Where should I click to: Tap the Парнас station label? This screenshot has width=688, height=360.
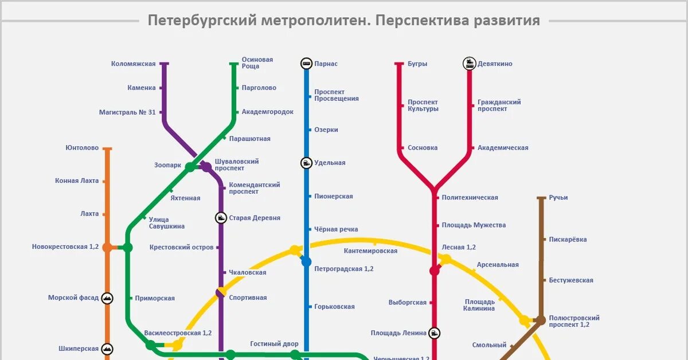point(326,64)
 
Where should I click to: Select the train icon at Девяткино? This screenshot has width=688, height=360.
point(470,64)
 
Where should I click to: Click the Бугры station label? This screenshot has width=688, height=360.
point(417,64)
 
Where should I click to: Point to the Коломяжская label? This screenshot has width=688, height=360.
point(133,64)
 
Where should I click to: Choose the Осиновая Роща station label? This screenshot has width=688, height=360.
point(257,62)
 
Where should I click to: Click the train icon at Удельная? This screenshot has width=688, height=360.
point(306,163)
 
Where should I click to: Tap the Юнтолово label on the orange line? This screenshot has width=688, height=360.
point(82,148)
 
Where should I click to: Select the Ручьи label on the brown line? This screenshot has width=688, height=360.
point(558,198)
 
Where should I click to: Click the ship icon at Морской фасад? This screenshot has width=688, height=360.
point(107,298)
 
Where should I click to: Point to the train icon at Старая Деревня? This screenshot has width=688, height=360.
point(221,218)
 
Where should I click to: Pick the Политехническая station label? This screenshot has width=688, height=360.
point(470,198)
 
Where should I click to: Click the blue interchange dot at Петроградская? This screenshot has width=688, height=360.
point(306,261)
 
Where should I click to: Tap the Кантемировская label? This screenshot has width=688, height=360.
point(370,251)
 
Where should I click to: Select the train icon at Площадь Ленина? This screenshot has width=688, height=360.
point(435,332)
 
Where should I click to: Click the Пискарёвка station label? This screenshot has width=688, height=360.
point(568,240)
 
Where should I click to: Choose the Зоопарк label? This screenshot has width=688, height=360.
point(167,165)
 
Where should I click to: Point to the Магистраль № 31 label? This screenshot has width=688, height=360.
point(127,112)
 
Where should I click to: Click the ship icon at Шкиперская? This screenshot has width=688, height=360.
point(107,349)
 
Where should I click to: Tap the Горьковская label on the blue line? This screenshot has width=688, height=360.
point(334,307)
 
